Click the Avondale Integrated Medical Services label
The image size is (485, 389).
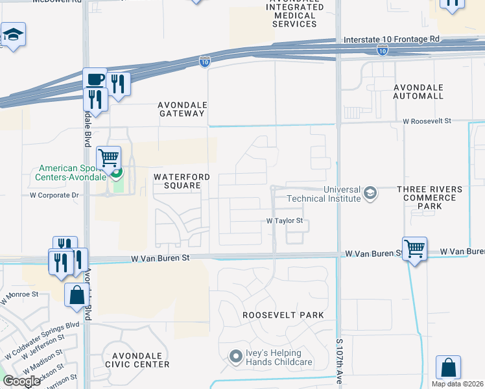point(294,15)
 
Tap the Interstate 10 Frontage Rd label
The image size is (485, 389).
point(391,39)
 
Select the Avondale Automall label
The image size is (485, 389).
point(418,91)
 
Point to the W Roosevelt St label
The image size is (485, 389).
point(434,121)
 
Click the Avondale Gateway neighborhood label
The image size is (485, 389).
point(182,108)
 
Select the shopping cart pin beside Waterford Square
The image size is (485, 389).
point(109,158)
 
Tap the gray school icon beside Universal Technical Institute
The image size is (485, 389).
point(370,193)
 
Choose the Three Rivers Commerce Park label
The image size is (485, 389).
point(431,198)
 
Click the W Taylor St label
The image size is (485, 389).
point(285,220)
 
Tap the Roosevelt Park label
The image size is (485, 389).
point(283,315)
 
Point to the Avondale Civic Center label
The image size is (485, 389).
point(141,360)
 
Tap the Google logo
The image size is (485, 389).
point(21,381)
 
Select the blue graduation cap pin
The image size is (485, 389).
point(12,34)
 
